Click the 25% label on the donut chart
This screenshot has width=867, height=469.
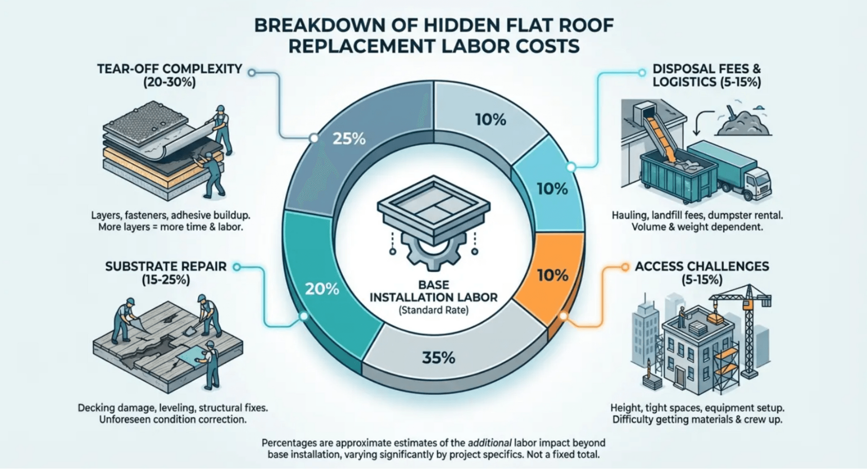pos(349,139)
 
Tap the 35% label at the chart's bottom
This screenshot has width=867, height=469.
pos(438,358)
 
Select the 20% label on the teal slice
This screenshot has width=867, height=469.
pos(322,289)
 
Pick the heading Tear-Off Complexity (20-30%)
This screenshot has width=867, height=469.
pos(170,75)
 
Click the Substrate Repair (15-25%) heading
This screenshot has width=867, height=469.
pos(166,273)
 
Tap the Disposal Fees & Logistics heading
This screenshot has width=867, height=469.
pos(707,75)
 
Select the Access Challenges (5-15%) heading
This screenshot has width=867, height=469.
pos(702,273)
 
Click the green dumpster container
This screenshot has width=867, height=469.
pos(677,174)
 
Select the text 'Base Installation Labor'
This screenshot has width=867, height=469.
pos(433,291)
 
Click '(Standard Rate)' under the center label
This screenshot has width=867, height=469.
pos(433,311)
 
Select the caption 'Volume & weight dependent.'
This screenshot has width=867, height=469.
pos(697,227)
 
